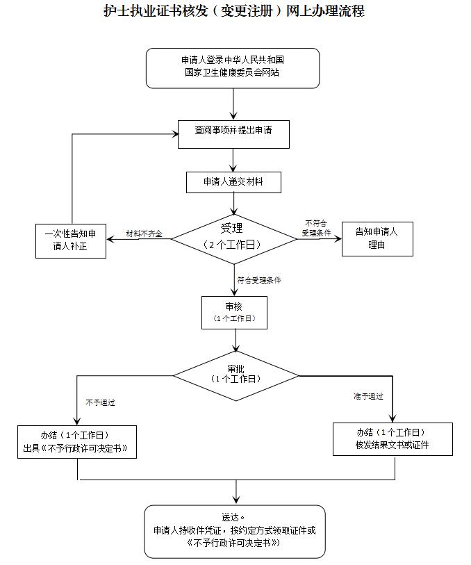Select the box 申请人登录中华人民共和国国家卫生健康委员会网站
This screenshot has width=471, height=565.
[x=233, y=67]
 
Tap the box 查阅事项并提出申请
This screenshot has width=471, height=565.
[x=233, y=134]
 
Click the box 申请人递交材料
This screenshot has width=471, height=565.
[x=233, y=182]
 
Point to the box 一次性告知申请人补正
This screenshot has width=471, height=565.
[x=71, y=240]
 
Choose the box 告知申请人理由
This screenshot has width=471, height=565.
[x=377, y=239]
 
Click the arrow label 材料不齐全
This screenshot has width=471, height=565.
[x=144, y=234]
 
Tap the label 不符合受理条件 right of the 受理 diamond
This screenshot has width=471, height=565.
[x=316, y=229]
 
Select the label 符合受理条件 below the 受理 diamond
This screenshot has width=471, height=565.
[x=259, y=281]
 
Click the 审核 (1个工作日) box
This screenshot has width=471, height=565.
[x=234, y=312]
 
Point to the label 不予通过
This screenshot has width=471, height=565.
[x=100, y=402]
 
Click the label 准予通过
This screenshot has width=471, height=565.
[x=368, y=397]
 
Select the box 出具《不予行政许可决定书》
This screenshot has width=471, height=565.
[x=76, y=442]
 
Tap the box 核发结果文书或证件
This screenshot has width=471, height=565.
[x=392, y=439]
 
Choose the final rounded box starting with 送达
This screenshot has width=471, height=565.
[x=235, y=531]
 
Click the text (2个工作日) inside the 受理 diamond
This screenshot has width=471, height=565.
[x=233, y=245]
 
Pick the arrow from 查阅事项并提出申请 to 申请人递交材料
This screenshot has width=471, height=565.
[x=234, y=160]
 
